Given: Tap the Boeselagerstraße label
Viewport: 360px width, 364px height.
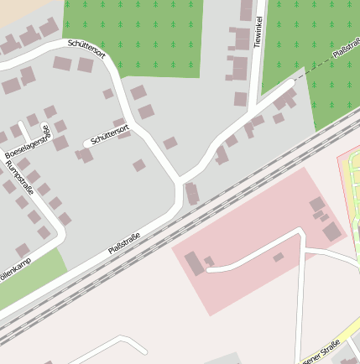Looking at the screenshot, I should pyautogui.click(x=24, y=143).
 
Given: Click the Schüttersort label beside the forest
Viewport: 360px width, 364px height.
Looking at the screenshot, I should pyautogui.click(x=86, y=51).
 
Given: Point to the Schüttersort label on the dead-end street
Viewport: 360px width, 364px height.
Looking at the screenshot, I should pyautogui.click(x=110, y=134).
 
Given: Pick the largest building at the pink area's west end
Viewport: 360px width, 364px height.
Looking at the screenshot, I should pyautogui.click(x=194, y=263).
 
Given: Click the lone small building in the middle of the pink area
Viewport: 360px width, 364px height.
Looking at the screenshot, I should pyautogui.click(x=278, y=257).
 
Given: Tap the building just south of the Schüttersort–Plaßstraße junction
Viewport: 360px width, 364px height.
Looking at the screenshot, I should pyautogui.click(x=192, y=195).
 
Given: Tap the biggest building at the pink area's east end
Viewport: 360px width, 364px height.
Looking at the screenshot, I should pyautogui.click(x=332, y=231).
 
